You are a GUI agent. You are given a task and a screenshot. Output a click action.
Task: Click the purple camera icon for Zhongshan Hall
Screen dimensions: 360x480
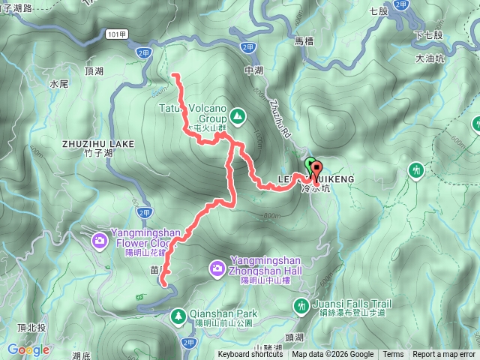(217, 267)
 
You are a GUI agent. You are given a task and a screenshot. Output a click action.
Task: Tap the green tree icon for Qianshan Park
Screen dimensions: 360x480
(178, 315)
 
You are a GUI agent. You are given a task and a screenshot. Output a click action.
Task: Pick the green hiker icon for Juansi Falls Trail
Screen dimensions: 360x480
(301, 304)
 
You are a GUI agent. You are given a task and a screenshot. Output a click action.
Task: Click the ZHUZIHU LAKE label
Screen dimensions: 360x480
(99, 142)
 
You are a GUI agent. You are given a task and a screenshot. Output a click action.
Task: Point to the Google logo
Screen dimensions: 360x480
(28, 349)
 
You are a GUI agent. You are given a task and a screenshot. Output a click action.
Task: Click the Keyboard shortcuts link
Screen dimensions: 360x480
(250, 355)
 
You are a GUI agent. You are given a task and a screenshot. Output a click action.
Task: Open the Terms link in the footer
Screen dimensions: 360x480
(392, 355)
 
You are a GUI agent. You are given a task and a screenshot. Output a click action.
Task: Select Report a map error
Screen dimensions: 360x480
(444, 355)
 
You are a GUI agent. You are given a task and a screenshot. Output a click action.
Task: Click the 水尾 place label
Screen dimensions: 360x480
(59, 85)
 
